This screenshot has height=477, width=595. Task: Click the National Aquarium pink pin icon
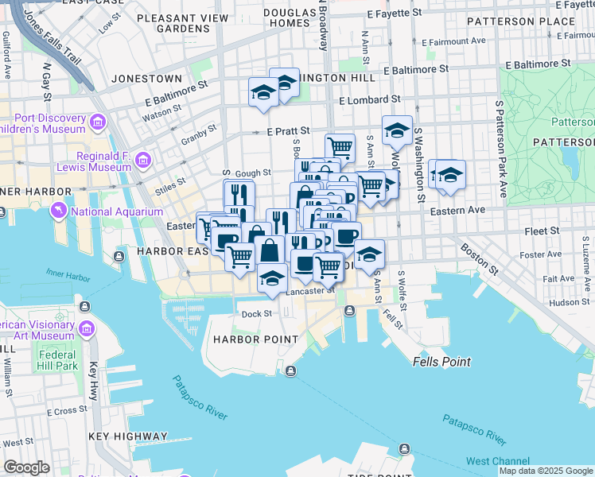point(59,211)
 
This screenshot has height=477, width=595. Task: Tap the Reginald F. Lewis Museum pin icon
point(143,161)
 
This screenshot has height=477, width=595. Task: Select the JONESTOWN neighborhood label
point(148,79)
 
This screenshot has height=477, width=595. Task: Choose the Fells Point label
point(441,362)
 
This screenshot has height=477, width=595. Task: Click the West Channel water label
point(498,461)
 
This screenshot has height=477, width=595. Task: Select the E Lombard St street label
point(369,100)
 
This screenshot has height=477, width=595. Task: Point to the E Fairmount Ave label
point(453,41)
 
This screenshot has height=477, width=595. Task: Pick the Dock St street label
point(257,314)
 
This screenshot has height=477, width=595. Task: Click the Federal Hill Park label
point(56,360)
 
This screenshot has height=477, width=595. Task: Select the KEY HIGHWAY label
point(128,436)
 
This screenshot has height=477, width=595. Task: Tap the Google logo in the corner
point(26,467)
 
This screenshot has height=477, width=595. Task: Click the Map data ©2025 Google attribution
point(546,471)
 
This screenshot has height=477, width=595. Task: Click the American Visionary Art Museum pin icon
point(86,328)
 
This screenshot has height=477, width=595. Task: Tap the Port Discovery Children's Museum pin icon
point(98,122)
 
